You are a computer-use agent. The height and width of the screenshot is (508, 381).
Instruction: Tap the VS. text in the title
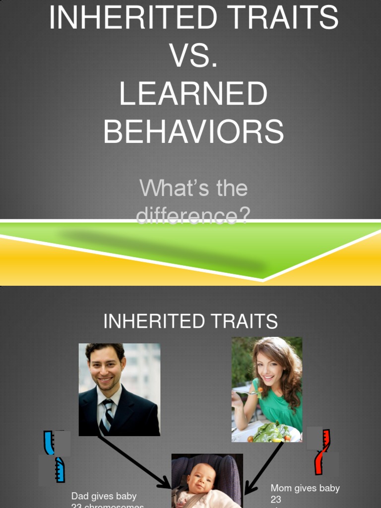pyautogui.click(x=193, y=56)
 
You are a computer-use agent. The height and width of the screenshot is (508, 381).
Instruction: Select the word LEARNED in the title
pyautogui.click(x=193, y=93)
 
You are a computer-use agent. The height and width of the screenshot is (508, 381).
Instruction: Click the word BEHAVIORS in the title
pyautogui.click(x=193, y=131)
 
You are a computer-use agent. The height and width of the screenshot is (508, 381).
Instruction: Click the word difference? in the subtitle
pyautogui.click(x=193, y=215)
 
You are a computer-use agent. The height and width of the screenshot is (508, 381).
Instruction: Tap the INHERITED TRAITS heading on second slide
pyautogui.click(x=190, y=321)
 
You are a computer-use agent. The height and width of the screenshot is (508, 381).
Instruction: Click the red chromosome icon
pyautogui.click(x=322, y=451)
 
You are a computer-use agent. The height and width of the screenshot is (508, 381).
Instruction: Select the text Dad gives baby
pyautogui.click(x=104, y=496)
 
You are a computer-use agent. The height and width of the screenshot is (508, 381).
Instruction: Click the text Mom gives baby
pyautogui.click(x=305, y=488)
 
